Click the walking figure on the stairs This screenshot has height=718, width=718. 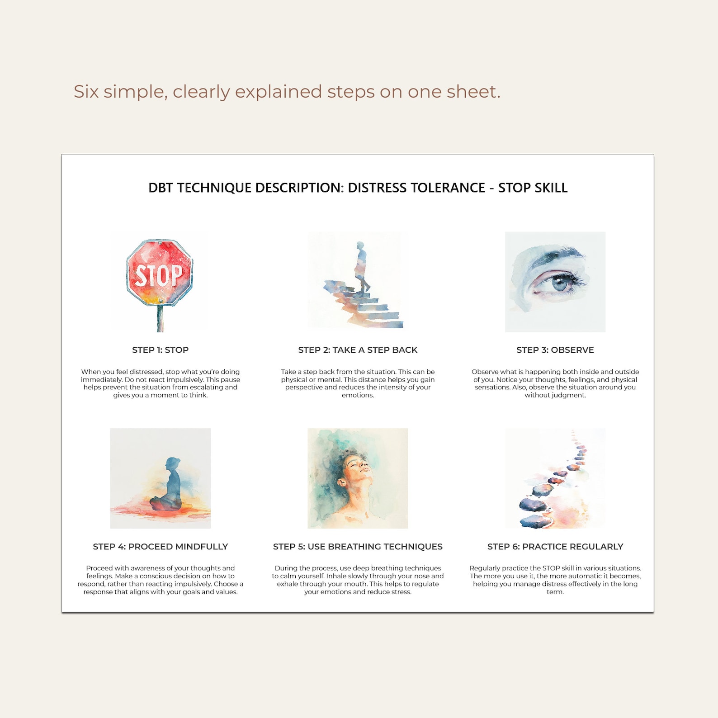361,267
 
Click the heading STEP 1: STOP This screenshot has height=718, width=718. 160,350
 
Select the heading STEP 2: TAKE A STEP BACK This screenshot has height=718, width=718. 358,350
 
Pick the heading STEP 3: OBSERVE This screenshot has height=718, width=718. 555,350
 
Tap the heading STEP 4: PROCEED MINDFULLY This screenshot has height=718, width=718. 160,547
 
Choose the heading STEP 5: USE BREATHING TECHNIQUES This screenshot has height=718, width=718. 358,547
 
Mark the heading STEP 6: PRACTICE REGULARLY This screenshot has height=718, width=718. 555,547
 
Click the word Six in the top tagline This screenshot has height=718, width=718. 86,92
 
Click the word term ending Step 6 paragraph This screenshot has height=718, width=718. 555,592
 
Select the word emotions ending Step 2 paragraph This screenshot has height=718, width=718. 358,395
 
